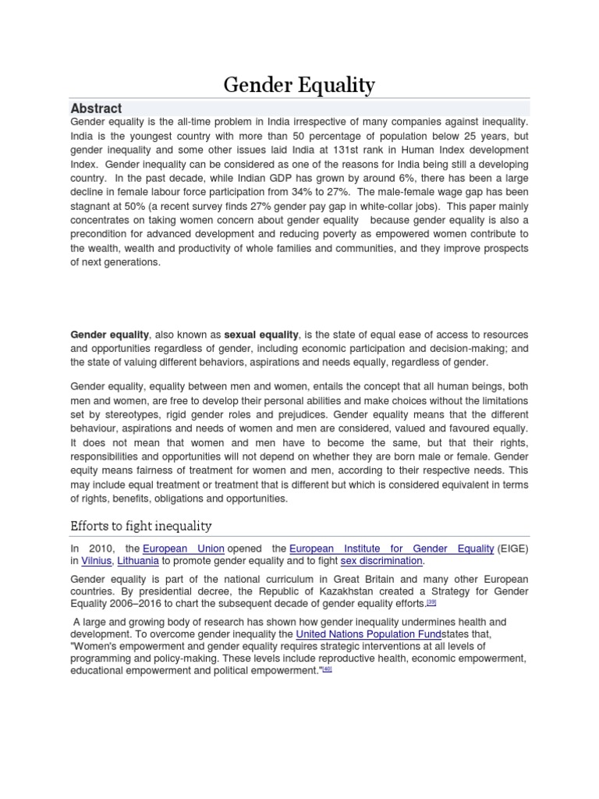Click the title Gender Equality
point(299,84)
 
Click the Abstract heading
point(96,108)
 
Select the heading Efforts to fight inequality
point(141,525)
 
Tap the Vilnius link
point(97,561)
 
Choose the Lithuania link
point(138,561)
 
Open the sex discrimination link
point(381,561)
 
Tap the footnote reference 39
point(431,602)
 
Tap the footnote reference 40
point(328,670)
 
